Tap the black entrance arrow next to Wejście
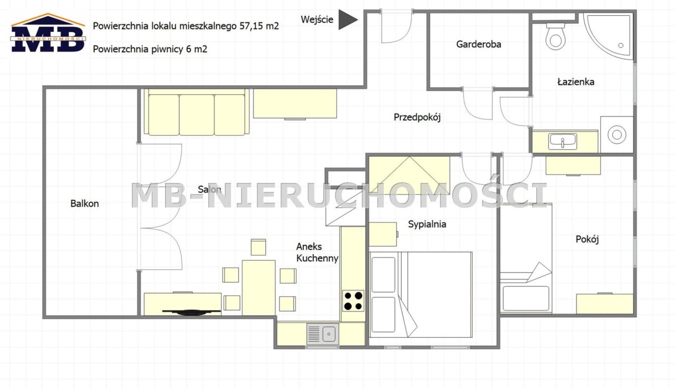click(x=347, y=20)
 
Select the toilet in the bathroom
click(x=555, y=36)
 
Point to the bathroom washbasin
click(x=563, y=141)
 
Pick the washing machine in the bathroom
click(x=616, y=134)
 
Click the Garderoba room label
click(x=478, y=44)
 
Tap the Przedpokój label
click(x=417, y=117)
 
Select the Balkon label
click(x=84, y=203)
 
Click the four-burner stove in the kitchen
click(x=353, y=300)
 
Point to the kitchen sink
click(x=323, y=334)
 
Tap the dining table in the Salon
click(x=258, y=287)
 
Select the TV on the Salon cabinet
click(x=191, y=312)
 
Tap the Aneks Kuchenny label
click(x=316, y=252)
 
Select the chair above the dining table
click(x=258, y=247)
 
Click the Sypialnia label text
click(x=427, y=224)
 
